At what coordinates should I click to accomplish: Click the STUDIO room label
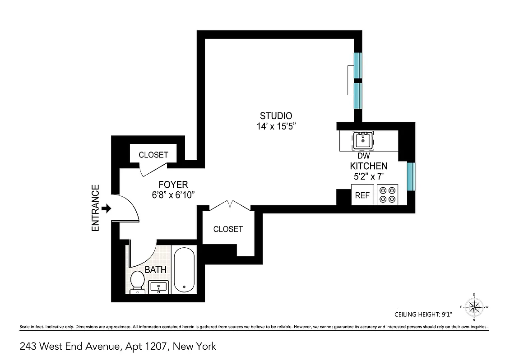276,116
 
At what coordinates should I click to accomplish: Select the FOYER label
173,184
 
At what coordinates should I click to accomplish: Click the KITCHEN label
368,166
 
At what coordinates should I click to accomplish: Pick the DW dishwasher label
363,156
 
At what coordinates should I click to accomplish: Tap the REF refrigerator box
363,195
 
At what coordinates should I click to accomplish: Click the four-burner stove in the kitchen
387,194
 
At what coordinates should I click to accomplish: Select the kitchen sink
363,140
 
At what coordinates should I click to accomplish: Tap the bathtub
184,270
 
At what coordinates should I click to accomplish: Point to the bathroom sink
158,287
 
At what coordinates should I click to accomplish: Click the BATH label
156,270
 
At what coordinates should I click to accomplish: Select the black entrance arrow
107,208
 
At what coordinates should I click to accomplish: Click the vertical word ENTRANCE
95,208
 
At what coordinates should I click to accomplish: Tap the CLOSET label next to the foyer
153,155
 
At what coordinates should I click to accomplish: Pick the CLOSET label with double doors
228,229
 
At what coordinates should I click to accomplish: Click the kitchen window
411,176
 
